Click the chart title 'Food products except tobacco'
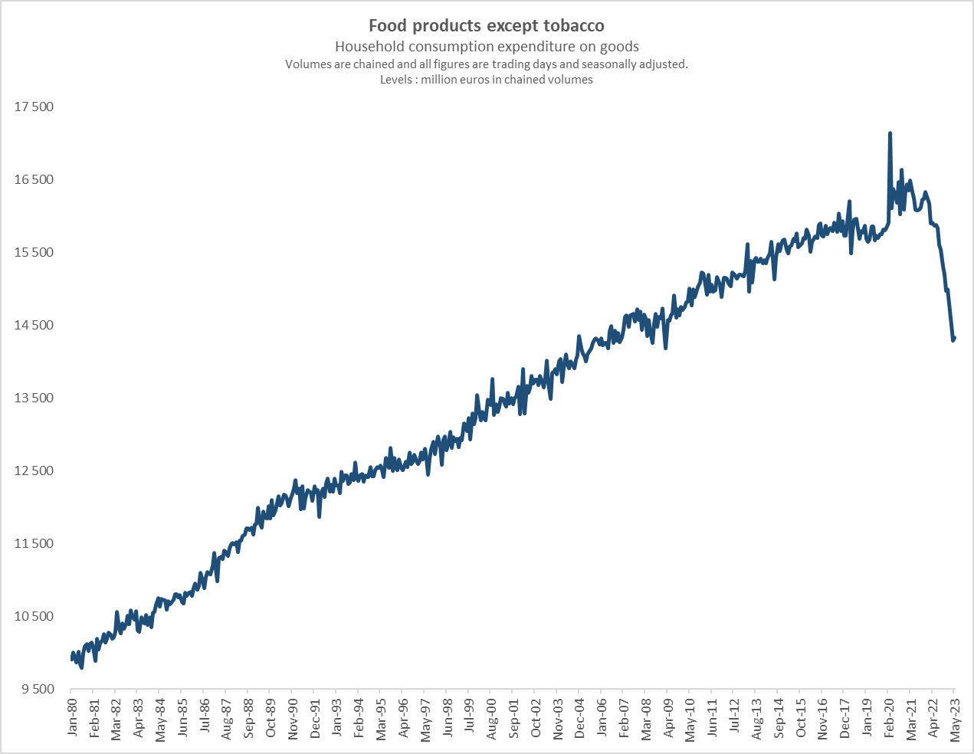487,26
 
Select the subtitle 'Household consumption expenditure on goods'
487,47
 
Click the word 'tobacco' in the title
574,26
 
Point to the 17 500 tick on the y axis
34,107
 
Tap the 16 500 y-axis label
34,179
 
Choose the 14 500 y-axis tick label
34,325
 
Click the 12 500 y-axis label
34,470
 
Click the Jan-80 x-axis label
72,718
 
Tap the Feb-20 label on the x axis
889,719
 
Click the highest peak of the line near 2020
890,133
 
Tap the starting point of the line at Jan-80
72,659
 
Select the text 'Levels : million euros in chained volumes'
487,80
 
